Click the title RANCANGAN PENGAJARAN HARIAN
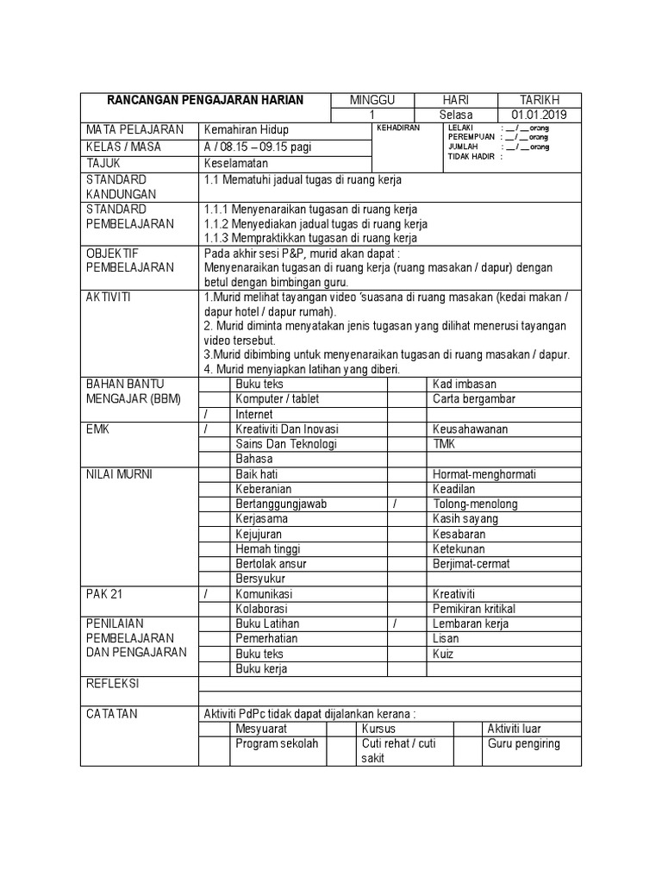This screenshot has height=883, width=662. tap(205, 101)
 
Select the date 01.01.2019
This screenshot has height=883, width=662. tap(539, 116)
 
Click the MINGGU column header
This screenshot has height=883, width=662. tap(372, 101)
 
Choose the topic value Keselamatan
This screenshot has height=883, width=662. tap(236, 163)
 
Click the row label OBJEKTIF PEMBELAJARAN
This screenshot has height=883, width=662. tap(118, 260)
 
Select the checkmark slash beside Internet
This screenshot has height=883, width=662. tap(206, 414)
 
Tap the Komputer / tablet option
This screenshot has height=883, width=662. tap(271, 398)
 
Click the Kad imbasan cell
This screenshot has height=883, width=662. tap(464, 384)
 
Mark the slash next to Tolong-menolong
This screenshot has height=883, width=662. tap(394, 504)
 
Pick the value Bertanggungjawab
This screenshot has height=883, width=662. tap(281, 504)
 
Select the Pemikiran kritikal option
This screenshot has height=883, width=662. tap(474, 609)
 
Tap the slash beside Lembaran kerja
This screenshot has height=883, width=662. tap(394, 623)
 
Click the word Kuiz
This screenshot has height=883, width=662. tap(445, 654)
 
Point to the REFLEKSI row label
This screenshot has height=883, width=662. tap(113, 684)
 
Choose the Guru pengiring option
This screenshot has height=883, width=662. tap(523, 743)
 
